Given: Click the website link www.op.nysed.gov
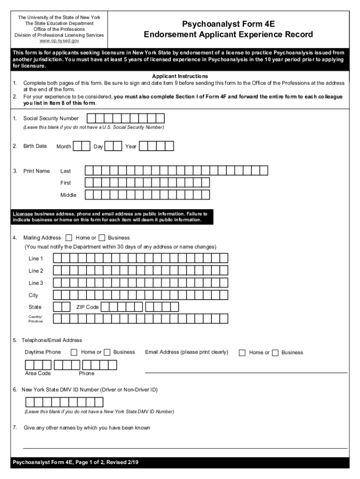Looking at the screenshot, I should (59, 41).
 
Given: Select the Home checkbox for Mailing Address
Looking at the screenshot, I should (69, 238).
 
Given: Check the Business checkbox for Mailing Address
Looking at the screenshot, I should (102, 238).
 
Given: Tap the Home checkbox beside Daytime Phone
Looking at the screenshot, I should (74, 352).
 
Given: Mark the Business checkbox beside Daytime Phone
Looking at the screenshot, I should (107, 352).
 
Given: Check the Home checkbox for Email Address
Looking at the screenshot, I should (242, 353).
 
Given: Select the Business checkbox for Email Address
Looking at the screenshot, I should (275, 353).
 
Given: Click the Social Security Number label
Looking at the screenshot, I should (51, 118).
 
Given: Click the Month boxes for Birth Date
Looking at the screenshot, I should (82, 146).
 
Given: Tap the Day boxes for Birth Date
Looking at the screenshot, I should (113, 146).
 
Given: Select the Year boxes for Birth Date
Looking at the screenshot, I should (157, 146).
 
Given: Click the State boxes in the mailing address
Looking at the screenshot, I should (62, 307).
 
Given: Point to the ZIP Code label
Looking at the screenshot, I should (87, 307).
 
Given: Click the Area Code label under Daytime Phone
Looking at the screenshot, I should (38, 373).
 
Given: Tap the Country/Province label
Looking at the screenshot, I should (36, 319).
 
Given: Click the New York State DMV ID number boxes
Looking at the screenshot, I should (64, 402).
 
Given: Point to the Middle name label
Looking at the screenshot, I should (68, 195).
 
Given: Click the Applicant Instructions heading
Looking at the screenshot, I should (180, 76).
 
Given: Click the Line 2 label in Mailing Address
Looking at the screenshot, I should (36, 271).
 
